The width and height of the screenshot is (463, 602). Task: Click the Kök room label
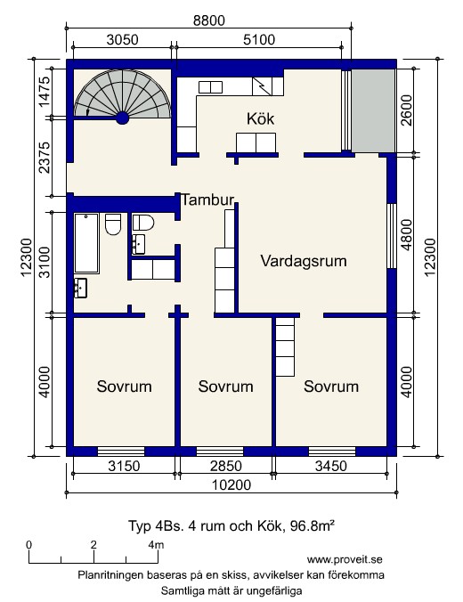click(260, 118)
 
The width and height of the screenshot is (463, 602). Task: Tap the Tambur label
click(207, 199)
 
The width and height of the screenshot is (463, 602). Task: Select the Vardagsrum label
click(304, 261)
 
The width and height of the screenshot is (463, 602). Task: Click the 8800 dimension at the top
click(209, 20)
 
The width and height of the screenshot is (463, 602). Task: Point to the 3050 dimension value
click(122, 39)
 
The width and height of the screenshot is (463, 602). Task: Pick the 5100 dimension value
click(259, 39)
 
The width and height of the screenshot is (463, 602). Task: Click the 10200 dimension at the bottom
click(231, 485)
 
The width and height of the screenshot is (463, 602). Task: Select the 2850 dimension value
click(226, 466)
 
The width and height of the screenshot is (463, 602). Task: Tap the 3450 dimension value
click(331, 466)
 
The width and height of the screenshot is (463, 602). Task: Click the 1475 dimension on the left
click(44, 92)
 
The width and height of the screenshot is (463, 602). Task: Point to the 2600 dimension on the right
click(406, 110)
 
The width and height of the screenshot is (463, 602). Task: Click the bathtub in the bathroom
click(86, 243)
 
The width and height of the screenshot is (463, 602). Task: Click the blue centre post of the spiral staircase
click(123, 118)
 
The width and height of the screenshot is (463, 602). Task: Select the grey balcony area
click(374, 110)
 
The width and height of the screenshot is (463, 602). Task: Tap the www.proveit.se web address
click(345, 559)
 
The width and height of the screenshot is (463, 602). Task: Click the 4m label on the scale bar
click(156, 544)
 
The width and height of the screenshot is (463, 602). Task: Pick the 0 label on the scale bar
click(29, 544)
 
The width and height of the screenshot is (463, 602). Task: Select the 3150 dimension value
click(124, 466)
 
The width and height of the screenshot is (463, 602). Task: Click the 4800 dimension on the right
click(406, 234)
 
